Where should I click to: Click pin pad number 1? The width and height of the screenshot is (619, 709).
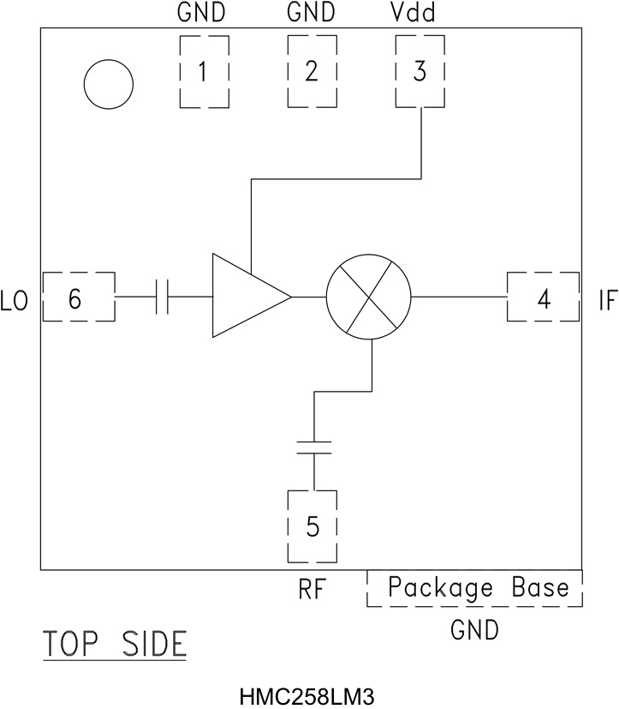[x=204, y=72]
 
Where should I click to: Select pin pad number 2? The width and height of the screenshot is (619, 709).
[x=312, y=72]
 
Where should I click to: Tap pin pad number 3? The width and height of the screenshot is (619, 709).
[x=419, y=72]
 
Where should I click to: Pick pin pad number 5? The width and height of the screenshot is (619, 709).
[x=313, y=526]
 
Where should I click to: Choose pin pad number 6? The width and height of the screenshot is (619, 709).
[x=78, y=297]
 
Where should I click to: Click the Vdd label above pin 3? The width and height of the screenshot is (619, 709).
[x=419, y=14]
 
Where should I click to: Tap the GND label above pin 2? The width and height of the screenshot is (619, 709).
[x=312, y=14]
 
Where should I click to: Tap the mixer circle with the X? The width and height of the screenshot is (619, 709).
[x=369, y=297]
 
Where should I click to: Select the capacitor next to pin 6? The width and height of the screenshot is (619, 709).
[x=164, y=297]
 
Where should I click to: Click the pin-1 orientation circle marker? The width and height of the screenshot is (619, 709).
[x=109, y=84]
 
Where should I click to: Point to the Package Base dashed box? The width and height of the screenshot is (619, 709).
[x=475, y=588]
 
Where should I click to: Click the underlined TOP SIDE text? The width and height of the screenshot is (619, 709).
[x=115, y=643]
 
